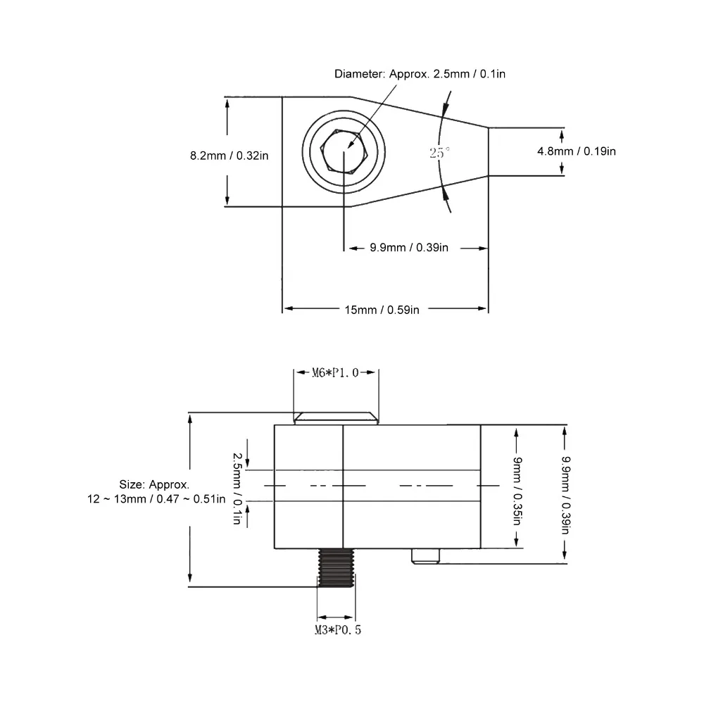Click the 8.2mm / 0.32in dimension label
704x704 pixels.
tap(229, 156)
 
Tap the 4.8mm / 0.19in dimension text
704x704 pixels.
tap(577, 151)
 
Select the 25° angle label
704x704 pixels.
tap(439, 153)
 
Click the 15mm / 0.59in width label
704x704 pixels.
tap(382, 310)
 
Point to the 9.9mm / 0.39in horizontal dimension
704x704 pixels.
tap(409, 247)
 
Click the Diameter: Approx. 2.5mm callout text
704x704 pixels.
tap(420, 74)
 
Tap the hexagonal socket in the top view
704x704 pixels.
tap(344, 151)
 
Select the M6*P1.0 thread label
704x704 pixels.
tap(335, 372)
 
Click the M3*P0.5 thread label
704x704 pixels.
tap(338, 630)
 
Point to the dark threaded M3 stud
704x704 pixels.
tap(336, 567)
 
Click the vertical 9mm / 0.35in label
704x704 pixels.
tap(517, 491)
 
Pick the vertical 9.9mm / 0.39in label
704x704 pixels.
tap(566, 495)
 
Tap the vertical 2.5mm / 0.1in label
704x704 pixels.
tap(237, 489)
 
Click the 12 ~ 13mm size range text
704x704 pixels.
tap(156, 499)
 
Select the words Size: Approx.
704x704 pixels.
tap(154, 484)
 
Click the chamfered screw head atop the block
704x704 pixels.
tap(337, 418)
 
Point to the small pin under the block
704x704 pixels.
tap(426, 556)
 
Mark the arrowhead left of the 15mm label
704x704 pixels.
tap(289, 308)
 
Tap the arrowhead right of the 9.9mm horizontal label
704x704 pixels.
tap(483, 249)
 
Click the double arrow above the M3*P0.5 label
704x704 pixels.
tap(336, 618)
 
